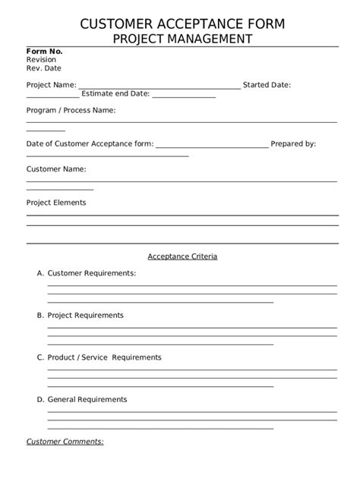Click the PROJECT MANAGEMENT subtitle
[x=182, y=38]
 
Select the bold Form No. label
[x=45, y=52]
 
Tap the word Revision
[x=42, y=59]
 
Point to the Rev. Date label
[x=44, y=68]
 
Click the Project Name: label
[x=52, y=85]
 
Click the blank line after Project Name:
[x=159, y=87]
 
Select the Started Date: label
[x=267, y=85]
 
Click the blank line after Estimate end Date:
[x=184, y=97]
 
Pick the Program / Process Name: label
[x=71, y=111]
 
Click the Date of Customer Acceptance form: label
[x=90, y=143]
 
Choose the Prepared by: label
[x=294, y=143]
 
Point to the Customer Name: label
[x=56, y=169]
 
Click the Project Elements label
[x=56, y=203]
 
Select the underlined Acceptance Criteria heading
[x=182, y=256]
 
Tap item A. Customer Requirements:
[x=87, y=272]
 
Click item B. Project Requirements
[x=80, y=315]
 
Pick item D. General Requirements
[x=82, y=399]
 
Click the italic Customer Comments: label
[x=65, y=441]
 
